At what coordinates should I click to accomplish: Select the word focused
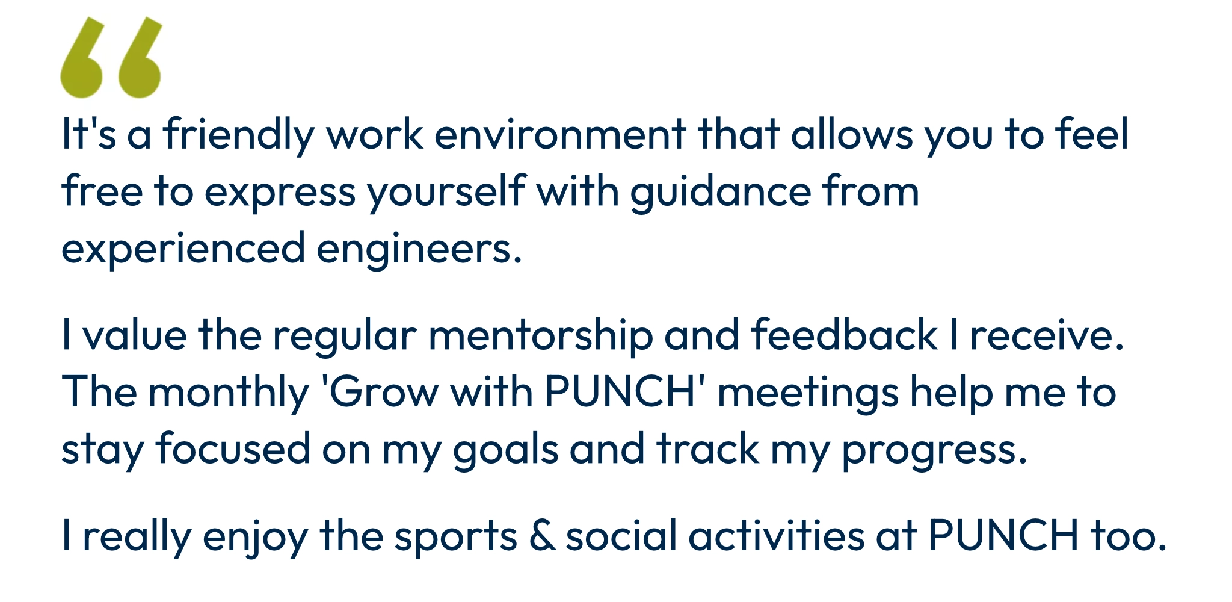[x=233, y=449]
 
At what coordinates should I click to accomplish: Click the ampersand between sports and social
[x=543, y=535]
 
